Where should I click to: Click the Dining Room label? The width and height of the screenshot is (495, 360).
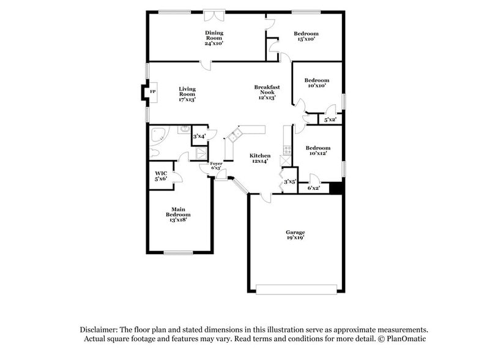pos(214,38)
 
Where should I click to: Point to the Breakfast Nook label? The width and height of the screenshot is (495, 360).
pos(267,92)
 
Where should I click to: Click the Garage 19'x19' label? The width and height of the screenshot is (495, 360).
pos(295,236)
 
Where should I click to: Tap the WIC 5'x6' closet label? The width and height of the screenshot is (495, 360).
pos(161,176)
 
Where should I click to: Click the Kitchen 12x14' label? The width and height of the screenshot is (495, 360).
pos(260,159)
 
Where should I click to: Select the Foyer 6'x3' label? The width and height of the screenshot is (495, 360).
pos(216,167)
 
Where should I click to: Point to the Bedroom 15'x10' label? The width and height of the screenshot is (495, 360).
pos(306,36)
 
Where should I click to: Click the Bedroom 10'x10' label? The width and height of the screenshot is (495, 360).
pos(317,83)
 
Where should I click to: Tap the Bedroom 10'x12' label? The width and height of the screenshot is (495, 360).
pos(318,151)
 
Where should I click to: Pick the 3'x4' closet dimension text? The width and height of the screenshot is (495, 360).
pos(199,137)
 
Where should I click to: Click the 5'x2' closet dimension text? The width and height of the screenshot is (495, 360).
pos(330,120)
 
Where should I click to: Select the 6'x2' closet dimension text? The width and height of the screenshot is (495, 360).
pos(314,188)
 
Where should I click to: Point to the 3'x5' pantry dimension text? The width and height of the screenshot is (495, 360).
pos(289,181)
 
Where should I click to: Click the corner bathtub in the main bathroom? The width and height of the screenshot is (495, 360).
pos(158,135)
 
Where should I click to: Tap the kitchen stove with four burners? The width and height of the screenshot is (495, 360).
pos(288,149)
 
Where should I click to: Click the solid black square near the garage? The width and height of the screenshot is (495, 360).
pos(335,189)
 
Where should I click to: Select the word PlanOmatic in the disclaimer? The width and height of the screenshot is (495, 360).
pos(404,339)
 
